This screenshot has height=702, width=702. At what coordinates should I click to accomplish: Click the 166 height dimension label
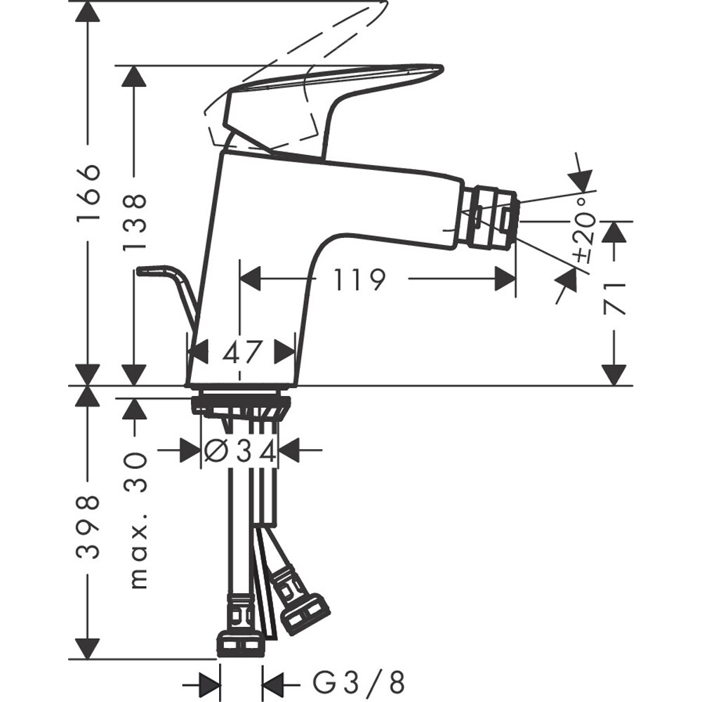coord(87,194)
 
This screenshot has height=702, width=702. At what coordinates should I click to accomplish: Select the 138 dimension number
coord(134,223)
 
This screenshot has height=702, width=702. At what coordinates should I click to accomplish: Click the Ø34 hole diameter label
coord(239,449)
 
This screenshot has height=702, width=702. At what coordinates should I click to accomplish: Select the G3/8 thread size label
coord(358,680)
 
